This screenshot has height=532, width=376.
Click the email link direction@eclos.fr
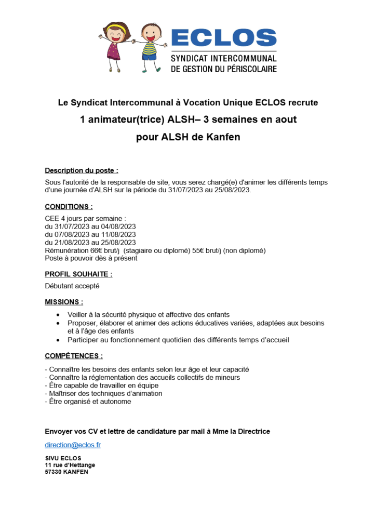[x=73, y=445]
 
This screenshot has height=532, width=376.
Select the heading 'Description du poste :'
[x=82, y=170]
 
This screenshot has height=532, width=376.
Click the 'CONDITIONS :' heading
[x=69, y=206]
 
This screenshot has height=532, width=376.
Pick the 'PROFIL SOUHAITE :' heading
[x=78, y=274]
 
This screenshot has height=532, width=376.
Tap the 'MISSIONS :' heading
[x=64, y=301]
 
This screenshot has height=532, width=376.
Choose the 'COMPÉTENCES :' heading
[x=74, y=356]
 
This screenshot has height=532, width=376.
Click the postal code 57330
[x=53, y=472]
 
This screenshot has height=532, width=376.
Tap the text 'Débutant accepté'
[x=72, y=286]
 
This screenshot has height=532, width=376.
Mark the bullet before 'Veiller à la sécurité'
[x=57, y=315]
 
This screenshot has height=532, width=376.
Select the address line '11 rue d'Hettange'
[x=70, y=465]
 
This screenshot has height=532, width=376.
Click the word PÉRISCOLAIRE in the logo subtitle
[x=246, y=69]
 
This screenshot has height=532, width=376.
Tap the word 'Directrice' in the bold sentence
[x=253, y=431]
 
